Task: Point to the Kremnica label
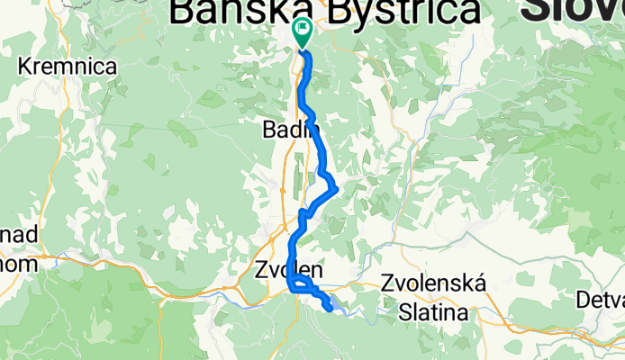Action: click(x=68, y=67)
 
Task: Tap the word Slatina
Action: click(x=434, y=312)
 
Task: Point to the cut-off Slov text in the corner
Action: click(x=573, y=11)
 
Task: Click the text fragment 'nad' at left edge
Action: click(x=17, y=236)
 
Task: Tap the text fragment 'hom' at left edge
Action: click(x=17, y=265)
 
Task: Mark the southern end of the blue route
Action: click(x=331, y=309)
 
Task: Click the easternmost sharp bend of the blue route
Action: click(x=336, y=188)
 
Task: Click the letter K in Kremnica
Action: click(x=25, y=67)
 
